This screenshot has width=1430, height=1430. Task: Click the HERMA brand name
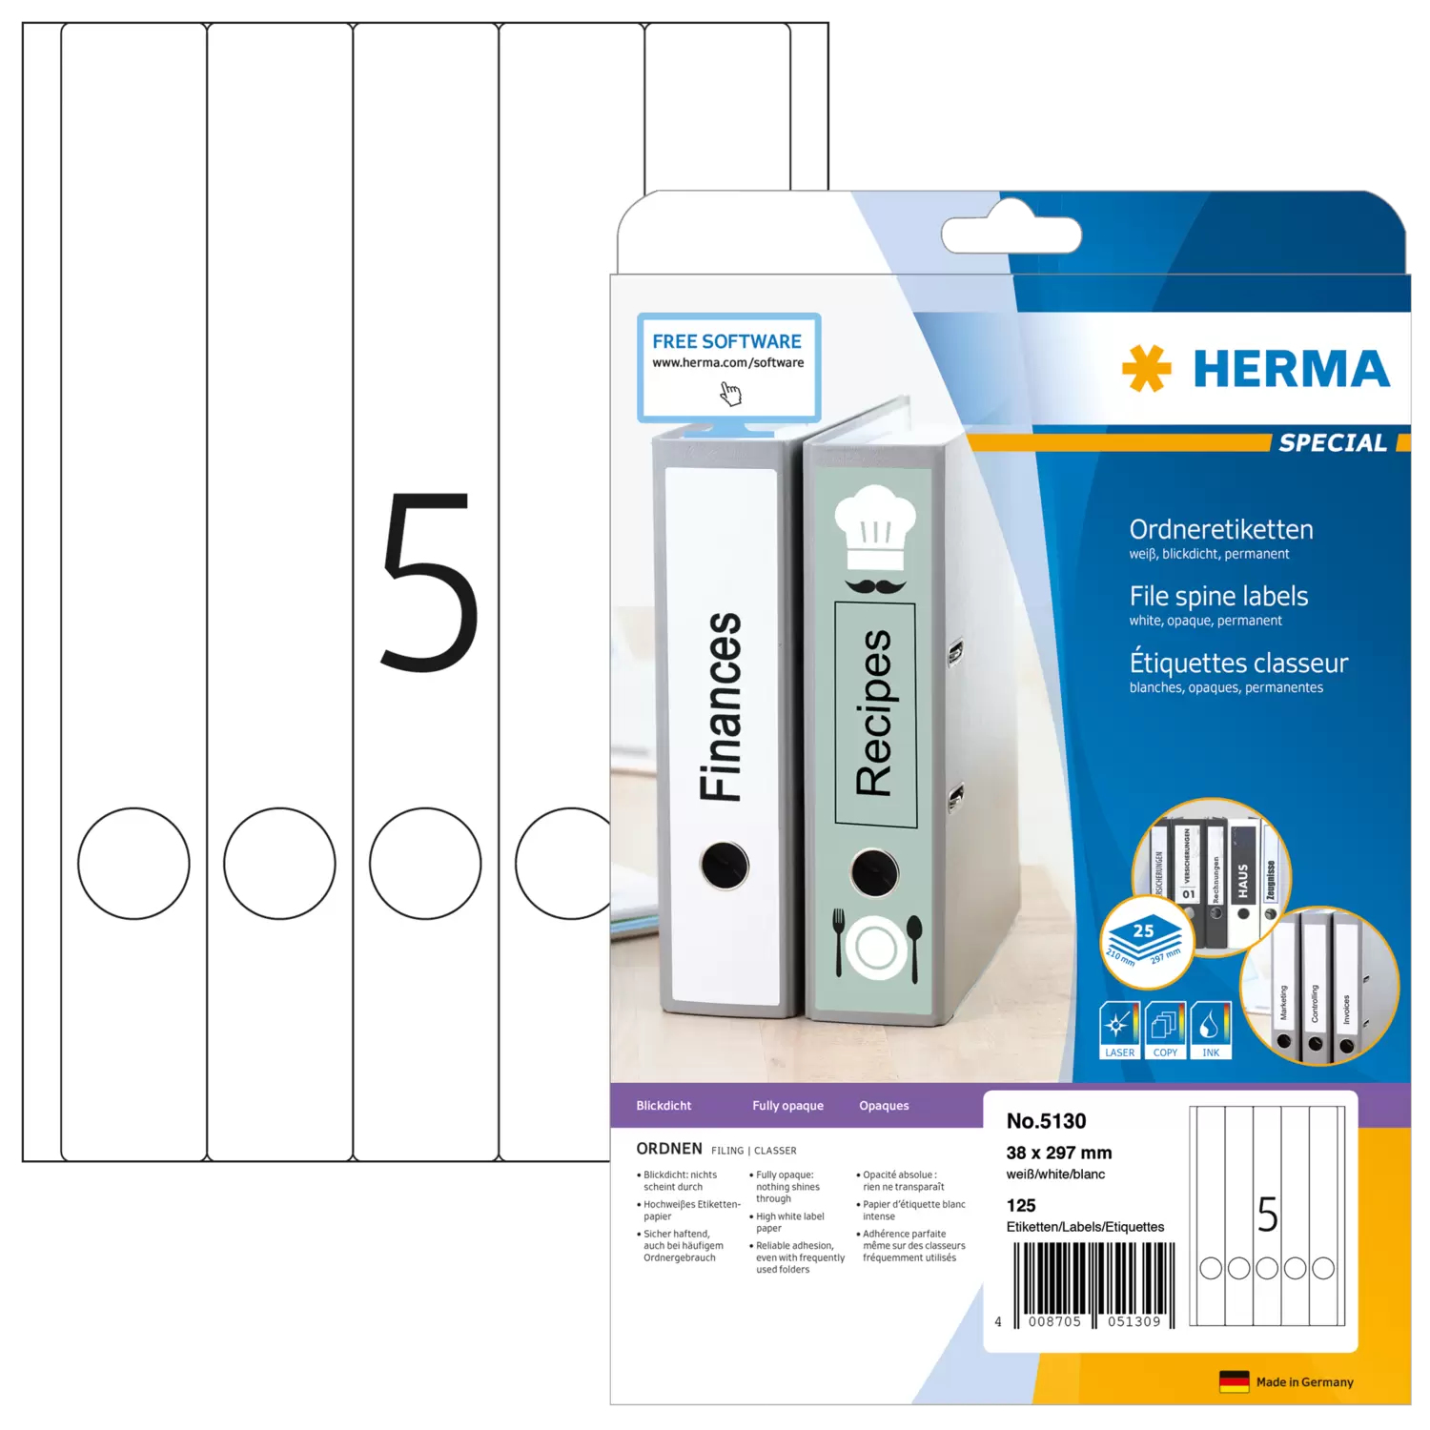click(x=1291, y=369)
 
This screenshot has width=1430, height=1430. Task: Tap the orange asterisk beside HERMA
click(x=1146, y=368)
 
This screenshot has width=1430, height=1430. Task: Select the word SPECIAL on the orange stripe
click(x=1332, y=442)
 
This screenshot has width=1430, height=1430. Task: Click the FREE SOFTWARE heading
click(x=726, y=341)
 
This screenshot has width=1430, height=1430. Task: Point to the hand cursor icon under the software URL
click(x=730, y=393)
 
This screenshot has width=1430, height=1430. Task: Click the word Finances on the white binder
click(x=721, y=706)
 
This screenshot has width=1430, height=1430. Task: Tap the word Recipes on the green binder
click(x=874, y=712)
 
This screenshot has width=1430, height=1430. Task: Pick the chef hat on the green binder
click(x=874, y=526)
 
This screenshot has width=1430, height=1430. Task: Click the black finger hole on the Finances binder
click(x=725, y=865)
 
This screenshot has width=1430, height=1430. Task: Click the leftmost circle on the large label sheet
click(x=133, y=864)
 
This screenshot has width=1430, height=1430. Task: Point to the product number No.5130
click(x=1046, y=1121)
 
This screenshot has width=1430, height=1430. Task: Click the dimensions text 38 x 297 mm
click(x=1058, y=1153)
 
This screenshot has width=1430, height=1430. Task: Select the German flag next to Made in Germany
click(x=1234, y=1381)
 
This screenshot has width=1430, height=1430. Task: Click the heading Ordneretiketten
click(x=1220, y=529)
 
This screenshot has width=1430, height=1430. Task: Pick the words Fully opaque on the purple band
click(x=787, y=1106)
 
